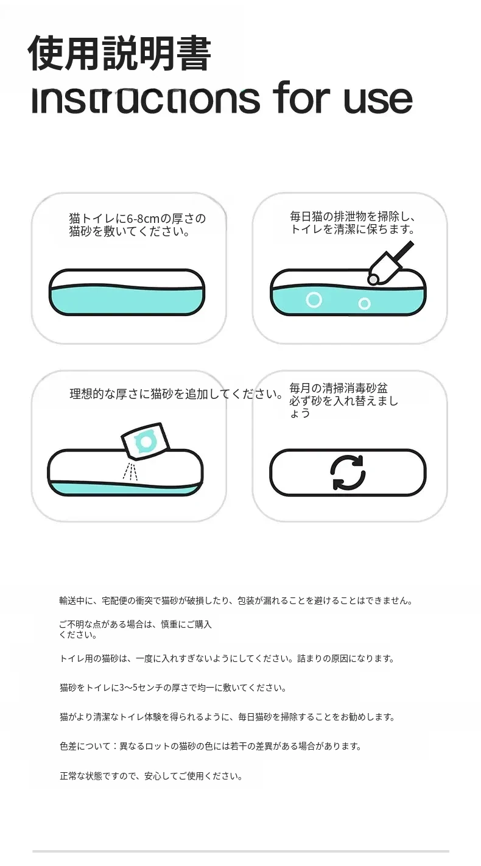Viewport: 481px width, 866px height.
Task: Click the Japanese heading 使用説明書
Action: [120, 53]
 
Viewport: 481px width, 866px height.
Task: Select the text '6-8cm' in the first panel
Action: [143, 219]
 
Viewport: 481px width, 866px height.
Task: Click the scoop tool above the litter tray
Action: [388, 264]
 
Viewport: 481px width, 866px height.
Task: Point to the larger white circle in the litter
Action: [314, 300]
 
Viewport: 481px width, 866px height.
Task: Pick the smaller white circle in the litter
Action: [364, 304]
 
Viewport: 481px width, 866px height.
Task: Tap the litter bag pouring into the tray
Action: [146, 441]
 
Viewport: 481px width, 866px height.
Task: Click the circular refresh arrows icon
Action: [348, 473]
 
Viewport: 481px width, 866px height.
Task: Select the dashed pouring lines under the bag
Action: [130, 471]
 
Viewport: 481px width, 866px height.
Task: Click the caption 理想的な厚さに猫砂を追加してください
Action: [177, 394]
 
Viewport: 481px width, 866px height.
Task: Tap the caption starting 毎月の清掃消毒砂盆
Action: [344, 401]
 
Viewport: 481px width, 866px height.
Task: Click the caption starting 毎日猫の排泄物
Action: [353, 223]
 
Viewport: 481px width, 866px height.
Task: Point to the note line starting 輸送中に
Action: [236, 601]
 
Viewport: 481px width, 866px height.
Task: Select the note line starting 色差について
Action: [210, 746]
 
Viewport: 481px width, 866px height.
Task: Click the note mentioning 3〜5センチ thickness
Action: [173, 688]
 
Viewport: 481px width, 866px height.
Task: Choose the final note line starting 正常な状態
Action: [151, 776]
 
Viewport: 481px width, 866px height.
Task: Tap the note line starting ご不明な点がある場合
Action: [135, 629]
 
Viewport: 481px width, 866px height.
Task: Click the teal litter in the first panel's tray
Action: [127, 300]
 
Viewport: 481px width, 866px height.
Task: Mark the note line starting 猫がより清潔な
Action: [227, 717]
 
